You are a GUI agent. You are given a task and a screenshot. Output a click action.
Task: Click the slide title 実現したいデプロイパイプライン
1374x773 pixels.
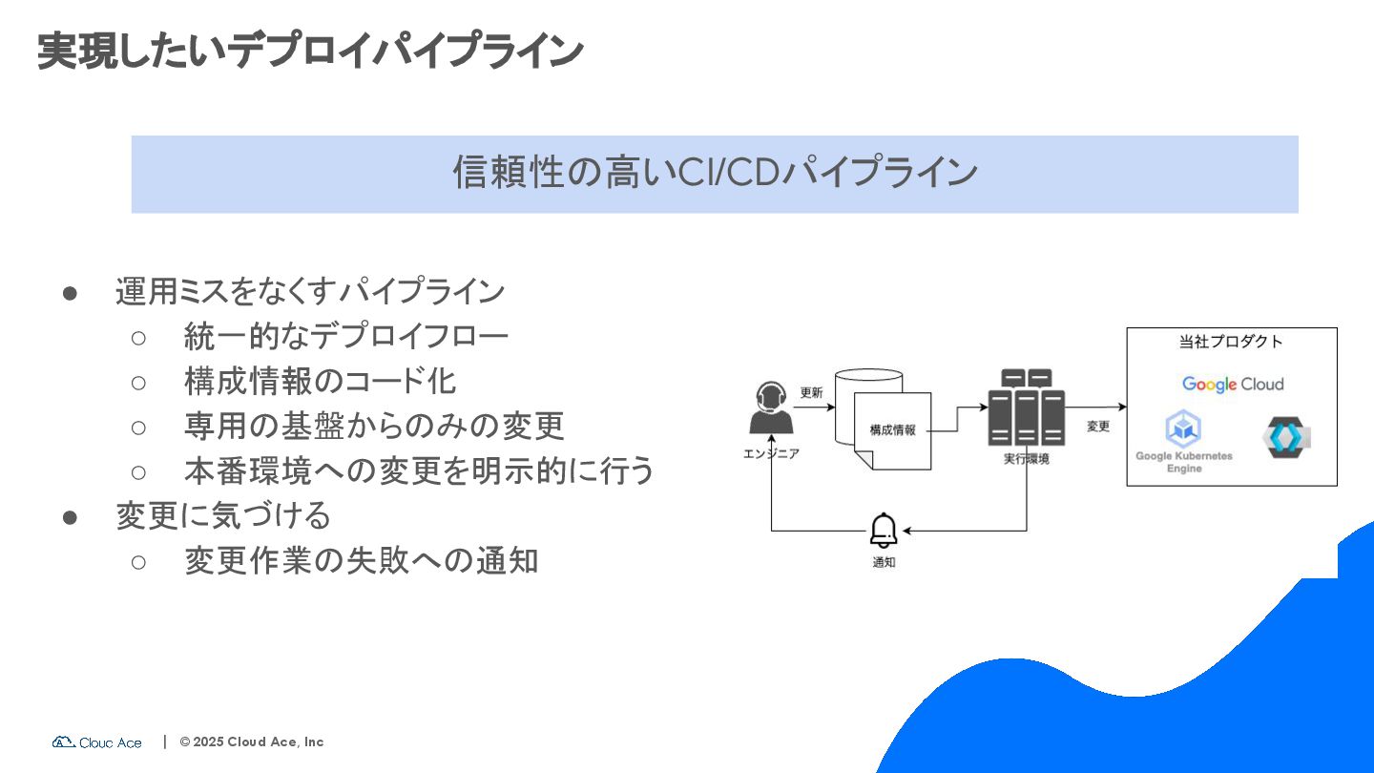[310, 51]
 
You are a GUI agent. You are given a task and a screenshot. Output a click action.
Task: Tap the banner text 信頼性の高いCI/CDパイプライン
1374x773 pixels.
[715, 173]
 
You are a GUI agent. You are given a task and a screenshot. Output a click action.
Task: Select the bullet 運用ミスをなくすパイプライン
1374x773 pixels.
[310, 291]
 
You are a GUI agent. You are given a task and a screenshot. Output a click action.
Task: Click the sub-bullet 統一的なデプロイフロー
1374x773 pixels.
[346, 336]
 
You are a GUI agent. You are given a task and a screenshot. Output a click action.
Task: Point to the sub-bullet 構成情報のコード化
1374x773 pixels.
[321, 381]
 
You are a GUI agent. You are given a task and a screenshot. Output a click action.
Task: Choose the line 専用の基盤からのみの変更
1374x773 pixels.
[374, 426]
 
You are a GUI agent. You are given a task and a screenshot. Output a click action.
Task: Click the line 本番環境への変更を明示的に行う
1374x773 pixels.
[419, 470]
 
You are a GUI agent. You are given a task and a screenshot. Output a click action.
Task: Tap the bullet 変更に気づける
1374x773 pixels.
[223, 515]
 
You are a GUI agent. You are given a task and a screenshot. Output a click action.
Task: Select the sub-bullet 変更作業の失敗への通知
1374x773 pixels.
[361, 560]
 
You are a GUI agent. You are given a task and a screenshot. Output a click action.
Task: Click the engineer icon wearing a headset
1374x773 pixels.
[771, 408]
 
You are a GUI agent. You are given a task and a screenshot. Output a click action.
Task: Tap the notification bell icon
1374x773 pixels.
[884, 531]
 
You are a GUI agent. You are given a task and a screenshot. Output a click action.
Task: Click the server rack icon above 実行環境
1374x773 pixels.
[1027, 407]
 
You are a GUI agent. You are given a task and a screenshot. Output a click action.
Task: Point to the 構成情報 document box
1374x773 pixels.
[892, 430]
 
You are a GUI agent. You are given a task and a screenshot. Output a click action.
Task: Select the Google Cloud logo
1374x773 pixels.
[1232, 385]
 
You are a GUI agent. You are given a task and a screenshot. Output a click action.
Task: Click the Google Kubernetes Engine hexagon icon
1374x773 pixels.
[1183, 429]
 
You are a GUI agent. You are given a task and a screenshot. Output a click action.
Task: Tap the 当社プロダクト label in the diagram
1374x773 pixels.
[1231, 342]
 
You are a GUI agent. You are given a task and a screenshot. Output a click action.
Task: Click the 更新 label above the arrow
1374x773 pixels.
[811, 392]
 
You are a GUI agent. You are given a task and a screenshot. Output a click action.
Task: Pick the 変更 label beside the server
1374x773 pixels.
[1098, 427]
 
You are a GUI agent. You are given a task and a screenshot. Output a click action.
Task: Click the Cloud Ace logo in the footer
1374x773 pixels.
[97, 742]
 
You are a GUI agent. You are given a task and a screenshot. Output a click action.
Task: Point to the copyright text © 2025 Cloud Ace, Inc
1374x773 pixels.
[252, 742]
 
